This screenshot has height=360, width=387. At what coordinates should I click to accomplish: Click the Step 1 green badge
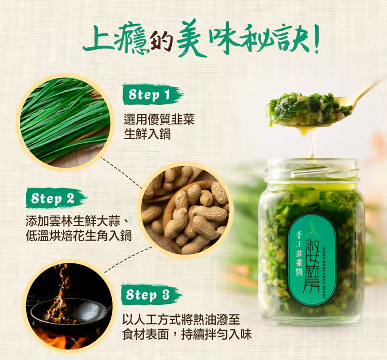point(153,94)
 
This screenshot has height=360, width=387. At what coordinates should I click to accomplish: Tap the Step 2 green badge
point(56,198)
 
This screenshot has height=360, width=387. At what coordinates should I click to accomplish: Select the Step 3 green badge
point(151,294)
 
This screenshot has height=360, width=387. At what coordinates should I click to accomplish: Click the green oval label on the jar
point(312,260)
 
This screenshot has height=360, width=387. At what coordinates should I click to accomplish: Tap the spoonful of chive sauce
point(309,110)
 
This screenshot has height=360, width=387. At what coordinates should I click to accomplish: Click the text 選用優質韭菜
point(159,119)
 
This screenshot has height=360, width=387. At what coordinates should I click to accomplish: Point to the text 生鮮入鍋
point(147,134)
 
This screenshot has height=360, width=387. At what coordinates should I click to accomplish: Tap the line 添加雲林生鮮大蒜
point(73,221)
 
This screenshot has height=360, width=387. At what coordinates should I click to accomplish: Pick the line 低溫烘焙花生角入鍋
point(79,235)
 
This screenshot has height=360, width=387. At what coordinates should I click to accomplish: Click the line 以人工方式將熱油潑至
point(181,319)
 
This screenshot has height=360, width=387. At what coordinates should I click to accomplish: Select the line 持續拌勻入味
point(216,334)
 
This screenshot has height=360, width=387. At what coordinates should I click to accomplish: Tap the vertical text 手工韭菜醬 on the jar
point(299,254)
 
